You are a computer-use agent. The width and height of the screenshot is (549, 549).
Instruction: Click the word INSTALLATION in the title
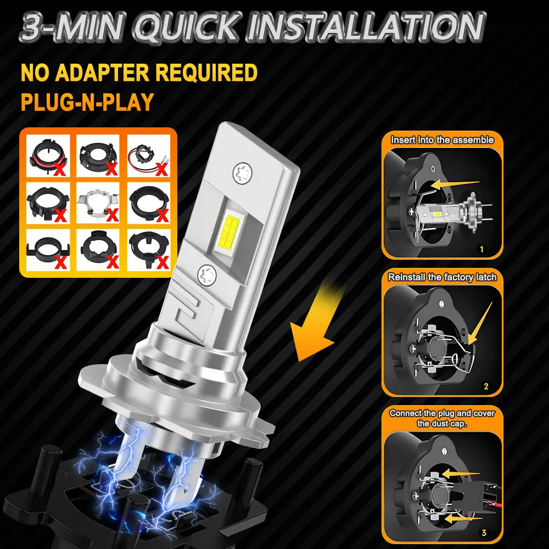click(366, 27)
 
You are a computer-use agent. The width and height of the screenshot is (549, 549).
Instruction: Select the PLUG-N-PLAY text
click(87, 102)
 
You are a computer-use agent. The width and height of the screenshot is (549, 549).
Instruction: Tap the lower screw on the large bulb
click(207, 274)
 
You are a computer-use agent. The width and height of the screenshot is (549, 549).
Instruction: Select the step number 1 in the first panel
click(482, 249)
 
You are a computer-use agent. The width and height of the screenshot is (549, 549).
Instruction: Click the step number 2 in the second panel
click(486, 386)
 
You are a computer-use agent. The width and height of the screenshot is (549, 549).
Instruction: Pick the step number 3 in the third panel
click(484, 533)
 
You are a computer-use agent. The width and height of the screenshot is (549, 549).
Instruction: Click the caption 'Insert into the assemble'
click(442, 140)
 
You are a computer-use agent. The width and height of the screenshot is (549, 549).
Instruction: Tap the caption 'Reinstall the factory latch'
click(442, 277)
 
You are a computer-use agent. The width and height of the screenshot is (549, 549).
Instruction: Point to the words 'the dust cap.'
click(442, 424)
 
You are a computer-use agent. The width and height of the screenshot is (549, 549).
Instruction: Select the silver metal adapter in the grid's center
click(98, 203)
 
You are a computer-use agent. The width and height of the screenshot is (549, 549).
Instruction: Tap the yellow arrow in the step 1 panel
click(455, 184)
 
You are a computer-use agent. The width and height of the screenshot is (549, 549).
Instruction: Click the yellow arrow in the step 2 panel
click(480, 324)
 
